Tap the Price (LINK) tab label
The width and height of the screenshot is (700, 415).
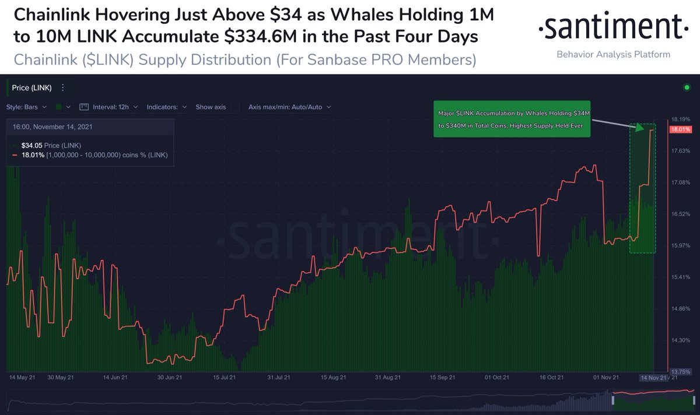pyautogui.click(x=32, y=88)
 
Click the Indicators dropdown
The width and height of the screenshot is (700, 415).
pyautogui.click(x=166, y=107)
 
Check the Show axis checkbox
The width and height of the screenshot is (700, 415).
pyautogui.click(x=235, y=107)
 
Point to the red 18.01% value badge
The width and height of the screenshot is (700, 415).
pyautogui.click(x=681, y=129)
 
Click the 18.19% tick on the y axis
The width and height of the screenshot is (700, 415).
pyautogui.click(x=681, y=119)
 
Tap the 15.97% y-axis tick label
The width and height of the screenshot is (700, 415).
pyautogui.click(x=681, y=245)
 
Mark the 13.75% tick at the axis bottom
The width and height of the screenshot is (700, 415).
pyautogui.click(x=681, y=371)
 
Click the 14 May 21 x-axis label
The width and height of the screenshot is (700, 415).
pyautogui.click(x=22, y=378)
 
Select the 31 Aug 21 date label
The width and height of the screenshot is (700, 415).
pyautogui.click(x=387, y=378)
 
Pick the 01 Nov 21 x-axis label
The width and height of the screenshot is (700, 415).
pyautogui.click(x=604, y=378)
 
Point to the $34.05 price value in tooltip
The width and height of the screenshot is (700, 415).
pyautogui.click(x=32, y=145)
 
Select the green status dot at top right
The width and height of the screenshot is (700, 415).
pyautogui.click(x=687, y=88)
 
